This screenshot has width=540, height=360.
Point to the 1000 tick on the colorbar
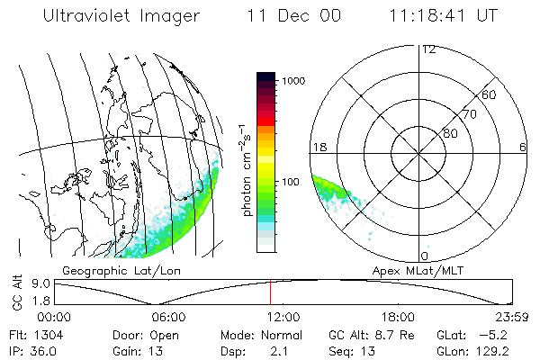coord(297,81)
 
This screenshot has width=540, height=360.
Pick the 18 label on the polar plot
coord(318,147)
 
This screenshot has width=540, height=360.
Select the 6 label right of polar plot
coord(523,147)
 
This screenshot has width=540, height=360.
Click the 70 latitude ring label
coord(468,114)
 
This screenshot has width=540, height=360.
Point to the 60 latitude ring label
coord(489,94)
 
